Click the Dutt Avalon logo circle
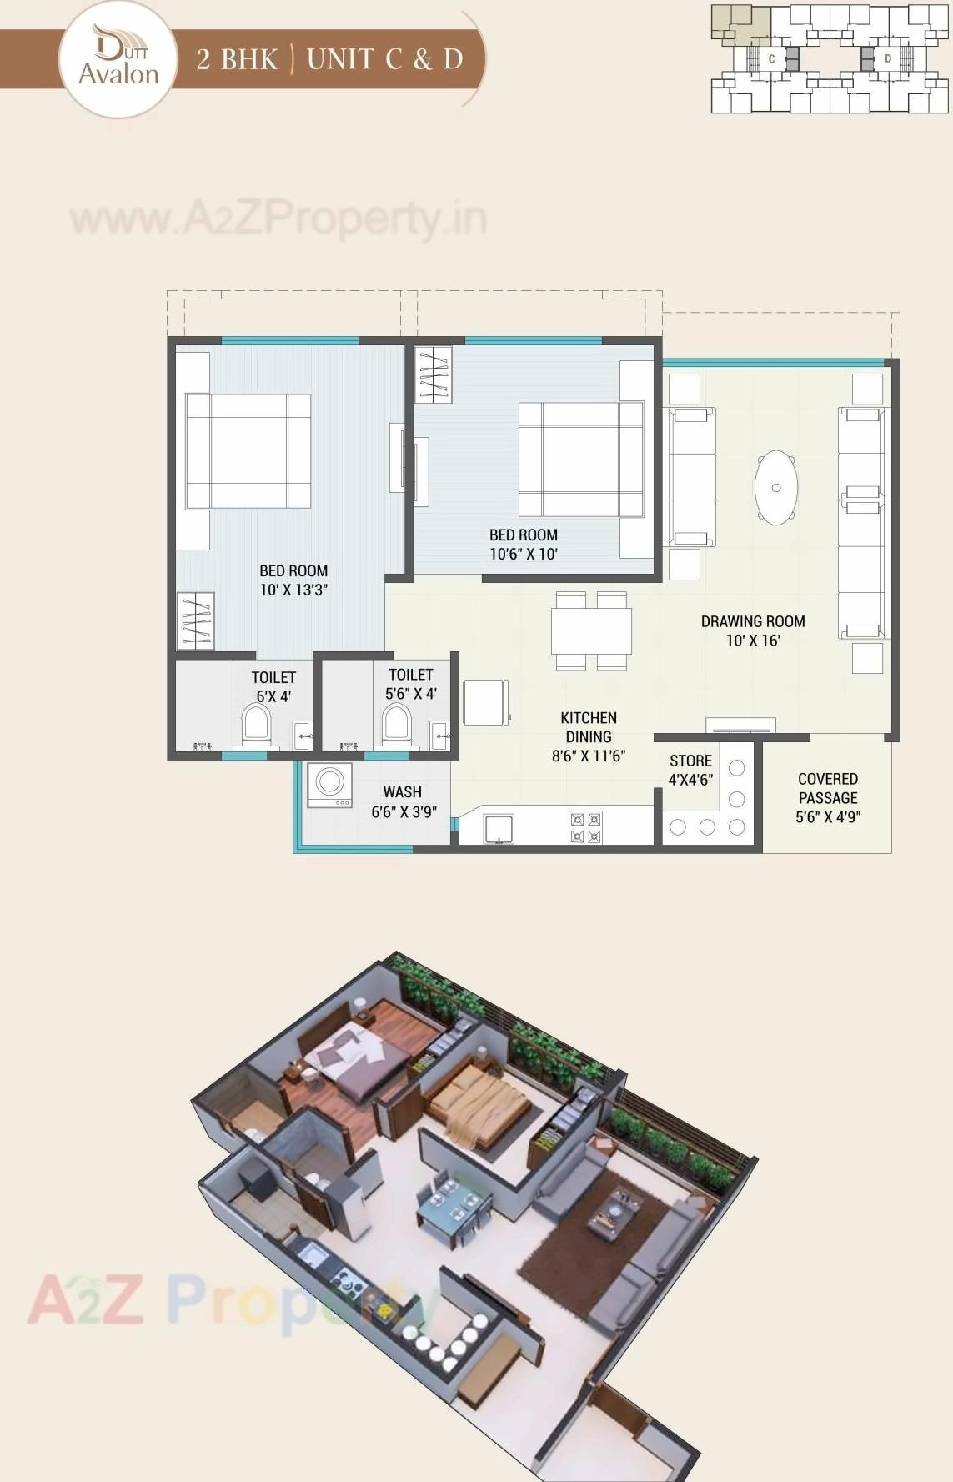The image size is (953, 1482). (x=118, y=60)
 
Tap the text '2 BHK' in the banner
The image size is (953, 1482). (x=237, y=59)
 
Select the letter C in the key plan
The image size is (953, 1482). (x=772, y=58)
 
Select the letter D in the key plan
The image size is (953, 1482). (x=888, y=58)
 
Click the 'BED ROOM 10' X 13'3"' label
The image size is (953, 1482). (x=293, y=580)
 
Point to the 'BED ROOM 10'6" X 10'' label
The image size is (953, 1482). (x=524, y=545)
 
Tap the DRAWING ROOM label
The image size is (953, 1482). (x=753, y=630)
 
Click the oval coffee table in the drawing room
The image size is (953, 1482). (x=776, y=488)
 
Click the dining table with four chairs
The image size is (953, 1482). (x=591, y=631)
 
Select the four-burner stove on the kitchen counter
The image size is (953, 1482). (x=585, y=828)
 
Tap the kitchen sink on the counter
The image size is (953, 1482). (x=499, y=829)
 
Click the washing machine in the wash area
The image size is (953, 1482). (x=329, y=785)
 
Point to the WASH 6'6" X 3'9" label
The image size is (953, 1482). (x=404, y=801)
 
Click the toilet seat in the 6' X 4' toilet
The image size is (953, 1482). (x=256, y=723)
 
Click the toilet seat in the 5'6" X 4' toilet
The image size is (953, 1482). (x=396, y=722)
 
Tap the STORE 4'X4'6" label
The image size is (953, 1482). (x=690, y=770)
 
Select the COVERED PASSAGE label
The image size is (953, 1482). (x=828, y=797)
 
